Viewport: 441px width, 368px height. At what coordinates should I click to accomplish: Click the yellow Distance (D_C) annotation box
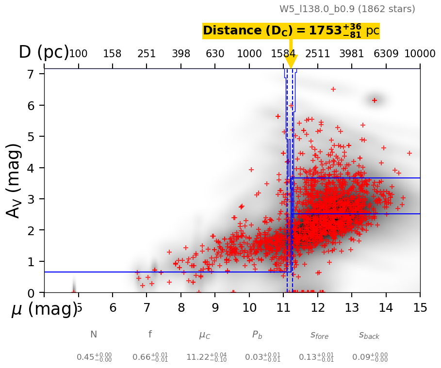pos(291,31)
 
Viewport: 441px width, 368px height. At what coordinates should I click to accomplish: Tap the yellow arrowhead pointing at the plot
pos(291,62)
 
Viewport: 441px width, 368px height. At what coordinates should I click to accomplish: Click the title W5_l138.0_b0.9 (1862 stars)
pos(347,9)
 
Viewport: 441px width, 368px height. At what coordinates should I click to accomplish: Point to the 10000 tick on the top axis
pos(419,54)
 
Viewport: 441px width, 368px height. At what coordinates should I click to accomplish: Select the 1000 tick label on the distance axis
pos(249,54)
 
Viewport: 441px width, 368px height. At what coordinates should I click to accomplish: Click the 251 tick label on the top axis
pos(147,54)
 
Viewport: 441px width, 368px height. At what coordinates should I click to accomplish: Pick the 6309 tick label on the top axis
pos(386,54)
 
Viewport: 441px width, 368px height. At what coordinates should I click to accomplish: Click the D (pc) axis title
pos(44,52)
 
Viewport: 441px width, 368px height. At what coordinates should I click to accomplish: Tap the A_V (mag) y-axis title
pos(15,180)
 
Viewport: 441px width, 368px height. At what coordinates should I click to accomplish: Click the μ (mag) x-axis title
pos(44,309)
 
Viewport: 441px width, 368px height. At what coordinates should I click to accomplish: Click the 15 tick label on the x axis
pos(420,307)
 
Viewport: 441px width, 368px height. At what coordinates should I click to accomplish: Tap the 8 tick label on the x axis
pos(181,307)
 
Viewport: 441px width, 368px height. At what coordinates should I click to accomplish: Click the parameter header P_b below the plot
pos(257,335)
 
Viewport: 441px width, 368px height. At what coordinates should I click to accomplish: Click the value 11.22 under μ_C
pos(206,357)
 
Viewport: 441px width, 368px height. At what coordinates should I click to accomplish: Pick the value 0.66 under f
pos(150,357)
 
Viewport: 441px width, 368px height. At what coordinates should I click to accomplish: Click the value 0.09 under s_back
pos(370,357)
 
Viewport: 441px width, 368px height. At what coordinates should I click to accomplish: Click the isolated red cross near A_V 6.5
pos(333,89)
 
